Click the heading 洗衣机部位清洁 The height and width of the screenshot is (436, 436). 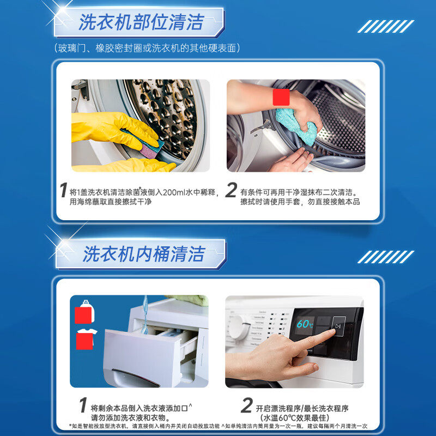[x=141, y=22]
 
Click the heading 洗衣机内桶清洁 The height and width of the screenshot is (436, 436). [x=143, y=254]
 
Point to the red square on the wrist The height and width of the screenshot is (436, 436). [x=281, y=98]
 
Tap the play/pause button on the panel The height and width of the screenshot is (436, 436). [x=338, y=326]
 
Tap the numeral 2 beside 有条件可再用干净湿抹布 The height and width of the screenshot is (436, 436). [x=231, y=191]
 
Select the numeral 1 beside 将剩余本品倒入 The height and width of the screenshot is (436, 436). [x=82, y=406]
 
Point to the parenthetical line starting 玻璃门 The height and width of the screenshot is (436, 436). [x=147, y=49]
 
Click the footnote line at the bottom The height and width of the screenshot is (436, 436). [x=218, y=427]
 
